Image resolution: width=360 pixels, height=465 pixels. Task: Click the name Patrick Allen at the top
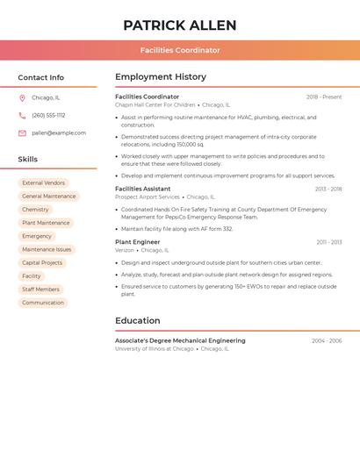(x=180, y=25)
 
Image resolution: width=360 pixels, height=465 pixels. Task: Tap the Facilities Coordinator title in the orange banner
(x=180, y=50)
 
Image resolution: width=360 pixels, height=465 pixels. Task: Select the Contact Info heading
(x=41, y=78)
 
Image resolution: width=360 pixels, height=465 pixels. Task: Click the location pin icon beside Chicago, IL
(x=22, y=97)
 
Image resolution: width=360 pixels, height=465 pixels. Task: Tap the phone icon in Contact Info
(x=22, y=115)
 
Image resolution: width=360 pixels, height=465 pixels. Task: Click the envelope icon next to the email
(x=22, y=132)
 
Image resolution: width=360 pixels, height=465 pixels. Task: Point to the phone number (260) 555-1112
(x=48, y=115)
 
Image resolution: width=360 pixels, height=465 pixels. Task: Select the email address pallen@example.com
(x=59, y=132)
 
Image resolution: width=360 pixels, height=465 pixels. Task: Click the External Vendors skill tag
(x=43, y=183)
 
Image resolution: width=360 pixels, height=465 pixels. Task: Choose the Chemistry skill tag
(x=35, y=210)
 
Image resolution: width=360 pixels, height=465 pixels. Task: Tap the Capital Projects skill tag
(x=42, y=262)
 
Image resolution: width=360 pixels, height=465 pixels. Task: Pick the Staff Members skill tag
(x=40, y=289)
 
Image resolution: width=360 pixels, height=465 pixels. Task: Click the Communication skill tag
(x=43, y=303)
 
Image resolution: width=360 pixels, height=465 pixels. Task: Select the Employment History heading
(x=161, y=77)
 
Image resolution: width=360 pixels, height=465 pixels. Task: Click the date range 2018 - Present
(x=324, y=97)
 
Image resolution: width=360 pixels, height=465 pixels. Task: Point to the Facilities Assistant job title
(x=143, y=189)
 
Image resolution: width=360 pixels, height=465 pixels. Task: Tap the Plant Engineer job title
(x=137, y=241)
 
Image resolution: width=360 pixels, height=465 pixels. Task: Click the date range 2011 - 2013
(x=329, y=241)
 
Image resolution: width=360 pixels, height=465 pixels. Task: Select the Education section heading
(x=138, y=320)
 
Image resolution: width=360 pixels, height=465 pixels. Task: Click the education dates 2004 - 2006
(x=327, y=340)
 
